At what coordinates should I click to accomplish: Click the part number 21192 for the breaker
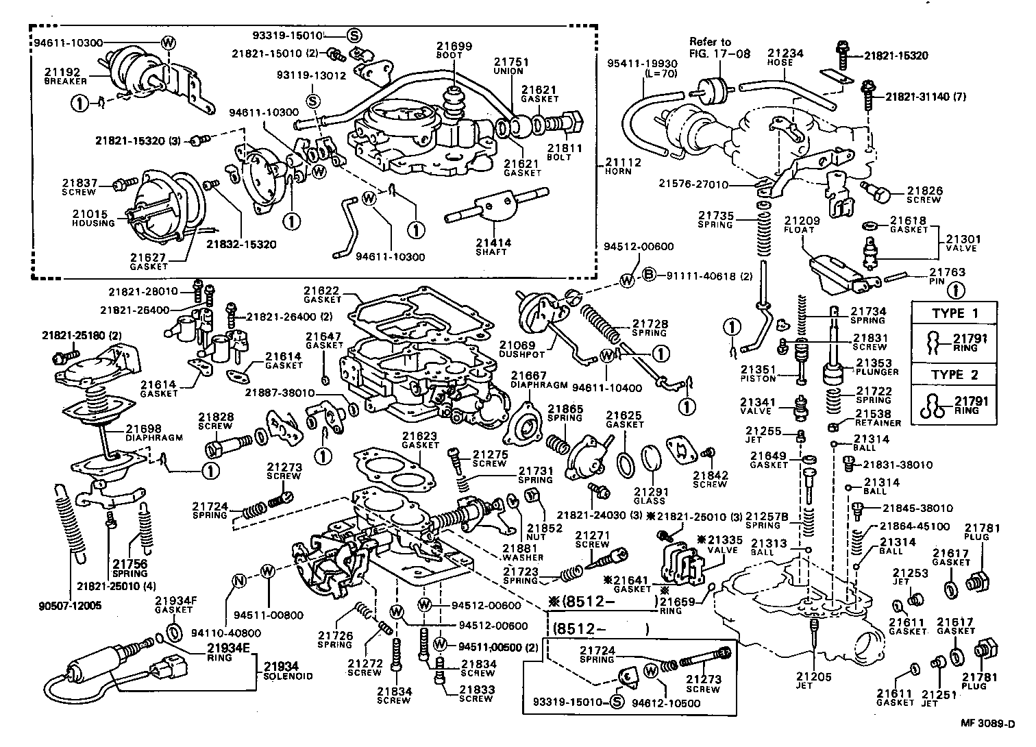[x=62, y=72]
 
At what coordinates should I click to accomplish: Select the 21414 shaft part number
[x=493, y=243]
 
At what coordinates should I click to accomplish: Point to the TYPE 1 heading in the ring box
[x=955, y=314]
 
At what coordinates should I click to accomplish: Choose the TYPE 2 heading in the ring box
[x=955, y=375]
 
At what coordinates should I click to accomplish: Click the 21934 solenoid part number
[x=281, y=667]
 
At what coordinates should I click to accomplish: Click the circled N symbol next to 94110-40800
[x=239, y=580]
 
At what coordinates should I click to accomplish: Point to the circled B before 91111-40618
[x=650, y=275]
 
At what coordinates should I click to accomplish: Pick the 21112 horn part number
[x=624, y=162]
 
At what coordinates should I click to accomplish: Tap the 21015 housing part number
[x=90, y=214]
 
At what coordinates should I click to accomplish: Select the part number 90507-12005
[x=70, y=605]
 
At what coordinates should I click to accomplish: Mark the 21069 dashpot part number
[x=517, y=345]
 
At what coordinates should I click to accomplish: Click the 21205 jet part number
[x=814, y=676]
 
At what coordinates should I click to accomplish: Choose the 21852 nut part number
[x=545, y=528]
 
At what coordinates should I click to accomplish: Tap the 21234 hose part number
[x=786, y=53]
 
